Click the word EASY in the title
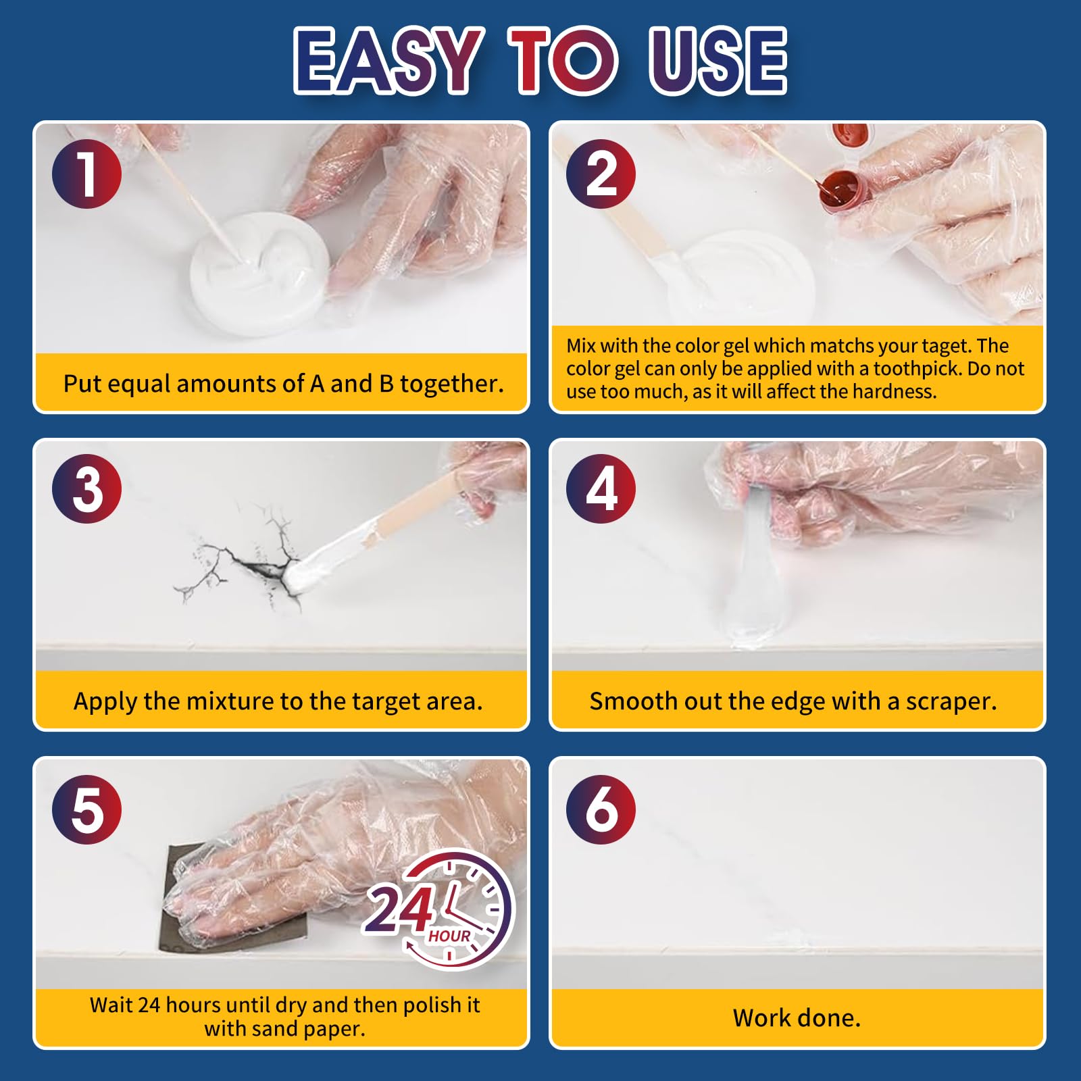(x=388, y=60)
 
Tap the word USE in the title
(x=718, y=60)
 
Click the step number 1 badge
(x=86, y=174)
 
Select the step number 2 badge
(x=601, y=174)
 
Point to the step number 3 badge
(x=86, y=488)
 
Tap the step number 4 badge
(x=601, y=488)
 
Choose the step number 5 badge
(x=86, y=809)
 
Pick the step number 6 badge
(x=601, y=809)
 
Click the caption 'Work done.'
(x=797, y=1017)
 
